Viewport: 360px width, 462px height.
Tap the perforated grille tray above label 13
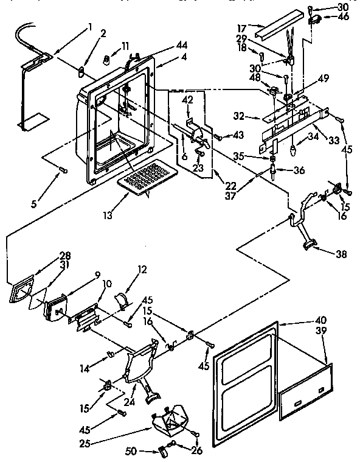(x=147, y=177)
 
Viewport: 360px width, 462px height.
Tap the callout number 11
(x=125, y=46)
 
